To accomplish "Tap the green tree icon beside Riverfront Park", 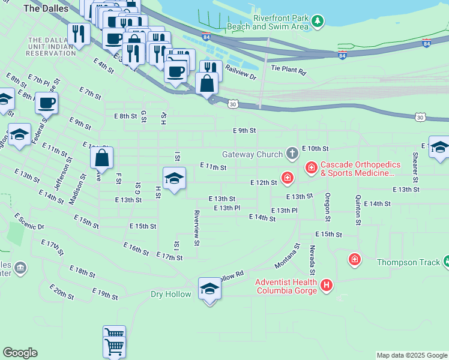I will (318, 22).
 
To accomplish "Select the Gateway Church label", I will (252, 154).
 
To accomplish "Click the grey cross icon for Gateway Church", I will (292, 154).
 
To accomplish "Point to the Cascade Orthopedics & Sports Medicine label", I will (357, 169).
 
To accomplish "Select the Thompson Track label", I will (406, 262).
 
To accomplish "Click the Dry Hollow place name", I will (170, 294).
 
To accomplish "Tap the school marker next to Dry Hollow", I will (209, 289).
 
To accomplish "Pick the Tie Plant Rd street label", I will (288, 71).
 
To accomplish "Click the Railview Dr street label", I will (240, 73).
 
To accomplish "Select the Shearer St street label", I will (415, 166).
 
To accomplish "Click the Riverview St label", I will (196, 227).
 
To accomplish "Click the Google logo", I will (20, 353).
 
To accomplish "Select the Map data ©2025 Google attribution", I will (412, 355).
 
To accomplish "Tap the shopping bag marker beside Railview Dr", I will (207, 83).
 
